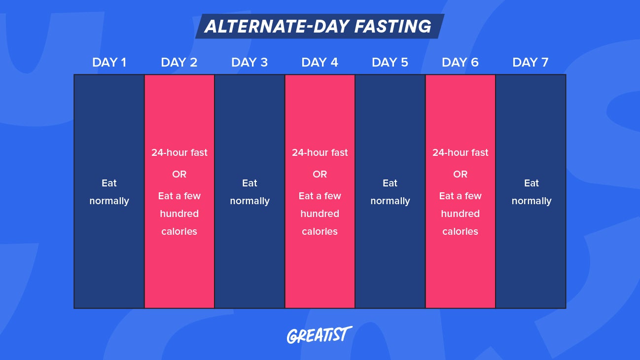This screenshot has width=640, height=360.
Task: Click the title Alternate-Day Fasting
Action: (318, 26)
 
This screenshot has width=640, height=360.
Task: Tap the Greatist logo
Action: (320, 335)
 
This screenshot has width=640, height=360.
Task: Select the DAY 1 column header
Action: (109, 63)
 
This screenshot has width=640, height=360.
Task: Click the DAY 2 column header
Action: (179, 63)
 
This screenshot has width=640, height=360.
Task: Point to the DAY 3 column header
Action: (249, 63)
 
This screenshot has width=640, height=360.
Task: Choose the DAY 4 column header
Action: (320, 63)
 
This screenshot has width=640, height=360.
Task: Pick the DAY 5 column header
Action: (390, 63)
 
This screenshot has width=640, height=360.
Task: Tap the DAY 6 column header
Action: (460, 63)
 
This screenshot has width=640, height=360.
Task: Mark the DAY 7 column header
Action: (531, 63)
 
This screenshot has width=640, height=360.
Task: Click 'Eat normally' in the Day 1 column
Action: (109, 192)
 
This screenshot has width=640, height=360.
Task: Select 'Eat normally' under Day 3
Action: (249, 192)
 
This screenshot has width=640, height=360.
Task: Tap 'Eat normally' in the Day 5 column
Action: (390, 192)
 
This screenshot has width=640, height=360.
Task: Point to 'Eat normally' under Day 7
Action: (531, 192)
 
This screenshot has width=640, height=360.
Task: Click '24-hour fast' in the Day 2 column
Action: (179, 153)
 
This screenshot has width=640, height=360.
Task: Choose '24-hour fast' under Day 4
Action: (320, 153)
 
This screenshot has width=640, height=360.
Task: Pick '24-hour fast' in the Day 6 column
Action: (460, 153)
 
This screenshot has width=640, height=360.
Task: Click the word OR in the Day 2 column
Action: (179, 175)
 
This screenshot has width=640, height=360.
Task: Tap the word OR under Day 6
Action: (460, 175)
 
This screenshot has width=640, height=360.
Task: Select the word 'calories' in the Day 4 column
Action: (320, 232)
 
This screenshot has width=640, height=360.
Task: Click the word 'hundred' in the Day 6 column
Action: (460, 214)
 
